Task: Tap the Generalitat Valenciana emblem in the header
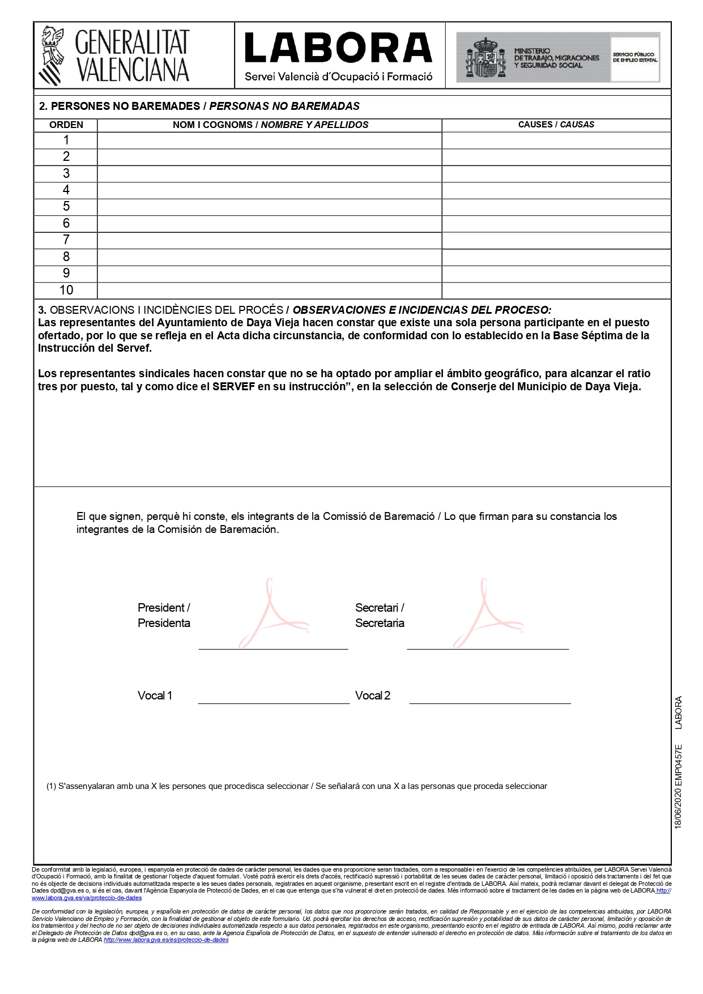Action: tap(52, 56)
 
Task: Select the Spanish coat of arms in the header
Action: tap(485, 57)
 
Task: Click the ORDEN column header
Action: tap(66, 125)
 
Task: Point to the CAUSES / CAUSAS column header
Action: tap(556, 125)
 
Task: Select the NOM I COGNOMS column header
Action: tap(270, 125)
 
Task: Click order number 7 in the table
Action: tap(66, 240)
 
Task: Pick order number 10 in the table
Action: tap(66, 290)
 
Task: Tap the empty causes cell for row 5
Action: tap(556, 207)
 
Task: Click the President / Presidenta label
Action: tap(164, 615)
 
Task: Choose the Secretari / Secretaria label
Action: tap(380, 615)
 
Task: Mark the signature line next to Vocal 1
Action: tap(274, 702)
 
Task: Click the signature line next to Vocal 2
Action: tap(489, 702)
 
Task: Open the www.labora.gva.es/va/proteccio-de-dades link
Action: tap(87, 898)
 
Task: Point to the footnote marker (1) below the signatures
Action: tap(51, 786)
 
